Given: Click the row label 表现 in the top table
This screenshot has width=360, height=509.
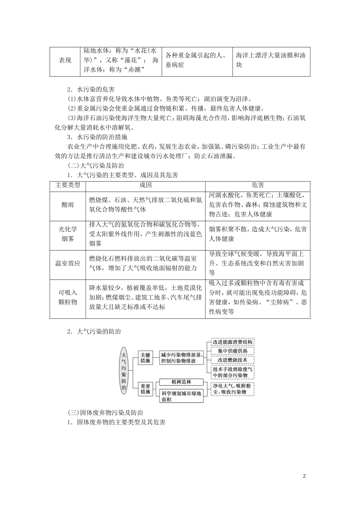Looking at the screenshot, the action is coord(65,61).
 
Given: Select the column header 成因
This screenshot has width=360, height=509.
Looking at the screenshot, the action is coord(146,185).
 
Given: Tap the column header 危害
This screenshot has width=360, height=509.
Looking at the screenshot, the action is coord(257,185).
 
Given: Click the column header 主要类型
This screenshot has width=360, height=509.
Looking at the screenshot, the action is coord(68,185).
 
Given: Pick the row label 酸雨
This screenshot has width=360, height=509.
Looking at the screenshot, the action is coord(68,205).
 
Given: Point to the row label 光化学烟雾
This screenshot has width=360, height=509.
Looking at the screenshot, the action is coord(68,234).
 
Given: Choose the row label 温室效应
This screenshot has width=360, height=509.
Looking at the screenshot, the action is coord(68,264).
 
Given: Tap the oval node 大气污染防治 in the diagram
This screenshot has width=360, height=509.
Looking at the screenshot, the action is coord(124,370).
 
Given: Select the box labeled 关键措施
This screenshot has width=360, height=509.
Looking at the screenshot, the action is coord(146,358).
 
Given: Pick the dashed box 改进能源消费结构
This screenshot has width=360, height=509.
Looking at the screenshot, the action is coord(232,342).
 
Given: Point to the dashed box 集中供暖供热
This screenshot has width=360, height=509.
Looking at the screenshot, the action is coord(232,351).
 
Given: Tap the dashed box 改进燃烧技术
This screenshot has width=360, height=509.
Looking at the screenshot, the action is coord(232,360).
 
